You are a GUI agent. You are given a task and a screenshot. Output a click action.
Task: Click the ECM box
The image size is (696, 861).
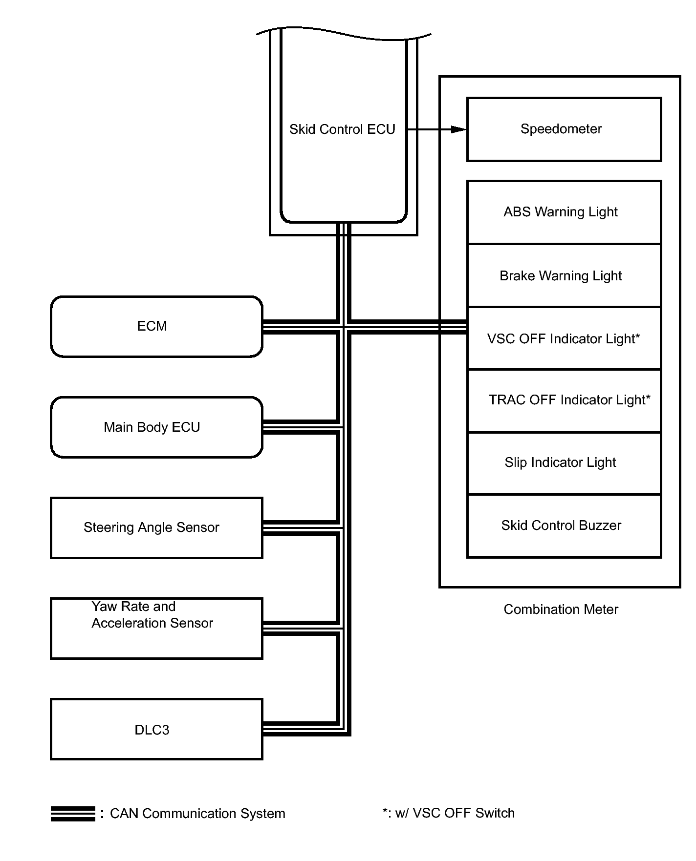pos(156,326)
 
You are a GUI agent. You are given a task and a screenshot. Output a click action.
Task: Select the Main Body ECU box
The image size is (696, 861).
pos(156,427)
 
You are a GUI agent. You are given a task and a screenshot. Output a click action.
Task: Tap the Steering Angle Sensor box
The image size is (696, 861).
pos(156,528)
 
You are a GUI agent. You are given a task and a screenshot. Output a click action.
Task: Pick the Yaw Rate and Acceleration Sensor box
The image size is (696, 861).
pos(156,629)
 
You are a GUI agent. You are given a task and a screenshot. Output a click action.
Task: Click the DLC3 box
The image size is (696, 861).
pos(156,729)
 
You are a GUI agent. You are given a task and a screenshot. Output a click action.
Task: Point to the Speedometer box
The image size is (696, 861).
pos(564,129)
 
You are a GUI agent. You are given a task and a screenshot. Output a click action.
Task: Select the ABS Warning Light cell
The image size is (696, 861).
pos(564,212)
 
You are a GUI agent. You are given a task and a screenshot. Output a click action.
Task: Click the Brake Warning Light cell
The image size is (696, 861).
pos(564,275)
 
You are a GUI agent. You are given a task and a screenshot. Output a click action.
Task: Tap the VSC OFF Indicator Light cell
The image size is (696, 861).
pos(564,338)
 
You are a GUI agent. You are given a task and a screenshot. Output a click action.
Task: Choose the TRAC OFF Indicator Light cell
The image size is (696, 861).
pos(564,400)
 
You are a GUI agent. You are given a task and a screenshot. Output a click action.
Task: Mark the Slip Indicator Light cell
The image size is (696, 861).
pos(564,463)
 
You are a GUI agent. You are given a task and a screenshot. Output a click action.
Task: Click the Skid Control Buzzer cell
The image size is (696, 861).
pos(564,526)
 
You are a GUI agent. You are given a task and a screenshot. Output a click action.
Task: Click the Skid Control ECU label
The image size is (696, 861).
pos(342,129)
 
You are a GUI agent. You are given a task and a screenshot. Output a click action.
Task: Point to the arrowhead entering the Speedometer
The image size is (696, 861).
pos(459,129)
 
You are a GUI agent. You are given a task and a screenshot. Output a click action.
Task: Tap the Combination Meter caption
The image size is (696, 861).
pos(561,609)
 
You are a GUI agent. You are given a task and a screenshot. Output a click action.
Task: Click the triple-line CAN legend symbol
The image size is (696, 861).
pos(73,814)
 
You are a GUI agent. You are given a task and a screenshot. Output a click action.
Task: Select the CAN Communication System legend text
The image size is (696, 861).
pos(197,814)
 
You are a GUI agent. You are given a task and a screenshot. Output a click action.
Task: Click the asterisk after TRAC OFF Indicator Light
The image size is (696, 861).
pos(648,398)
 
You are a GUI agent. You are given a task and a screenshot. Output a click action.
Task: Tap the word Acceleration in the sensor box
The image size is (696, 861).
pos(125,623)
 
